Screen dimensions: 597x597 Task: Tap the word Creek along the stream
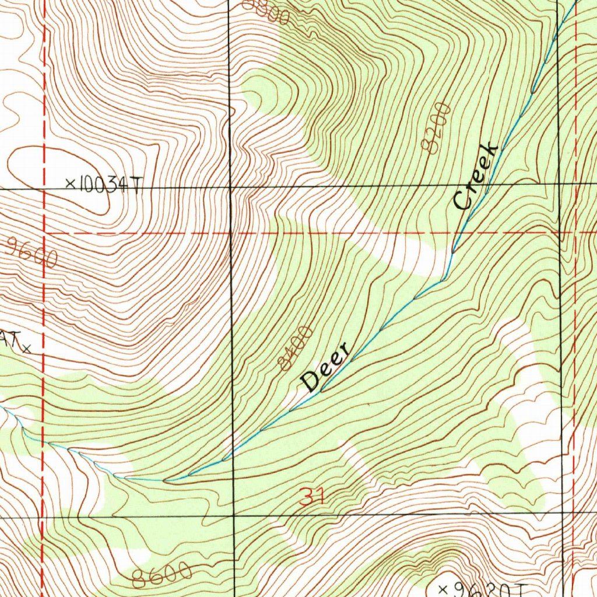[x=476, y=176]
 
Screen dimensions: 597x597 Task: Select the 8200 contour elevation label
[x=437, y=128]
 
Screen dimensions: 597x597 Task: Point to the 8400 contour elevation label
[x=296, y=349]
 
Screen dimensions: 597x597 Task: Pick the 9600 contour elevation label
[x=33, y=252]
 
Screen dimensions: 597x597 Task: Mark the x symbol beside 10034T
[x=71, y=184]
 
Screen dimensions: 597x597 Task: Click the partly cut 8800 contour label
[x=266, y=12]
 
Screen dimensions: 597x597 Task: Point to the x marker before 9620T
[x=443, y=588]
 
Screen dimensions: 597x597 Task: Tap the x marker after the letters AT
[x=26, y=350]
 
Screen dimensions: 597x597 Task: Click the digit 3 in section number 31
[x=306, y=497]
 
